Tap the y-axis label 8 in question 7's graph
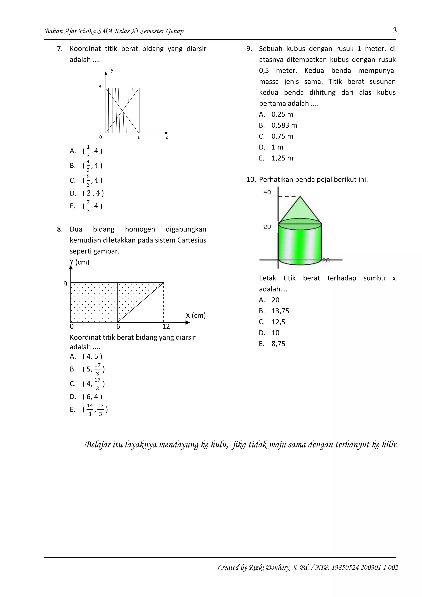point(100,87)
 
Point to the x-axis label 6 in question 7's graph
point(139,137)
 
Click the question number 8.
point(60,229)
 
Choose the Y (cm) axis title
point(80,262)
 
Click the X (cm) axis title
point(196,315)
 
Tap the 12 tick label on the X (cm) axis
point(166,327)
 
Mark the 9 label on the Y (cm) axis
point(65,284)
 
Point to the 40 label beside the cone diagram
point(267,192)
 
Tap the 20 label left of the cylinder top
point(267,227)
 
